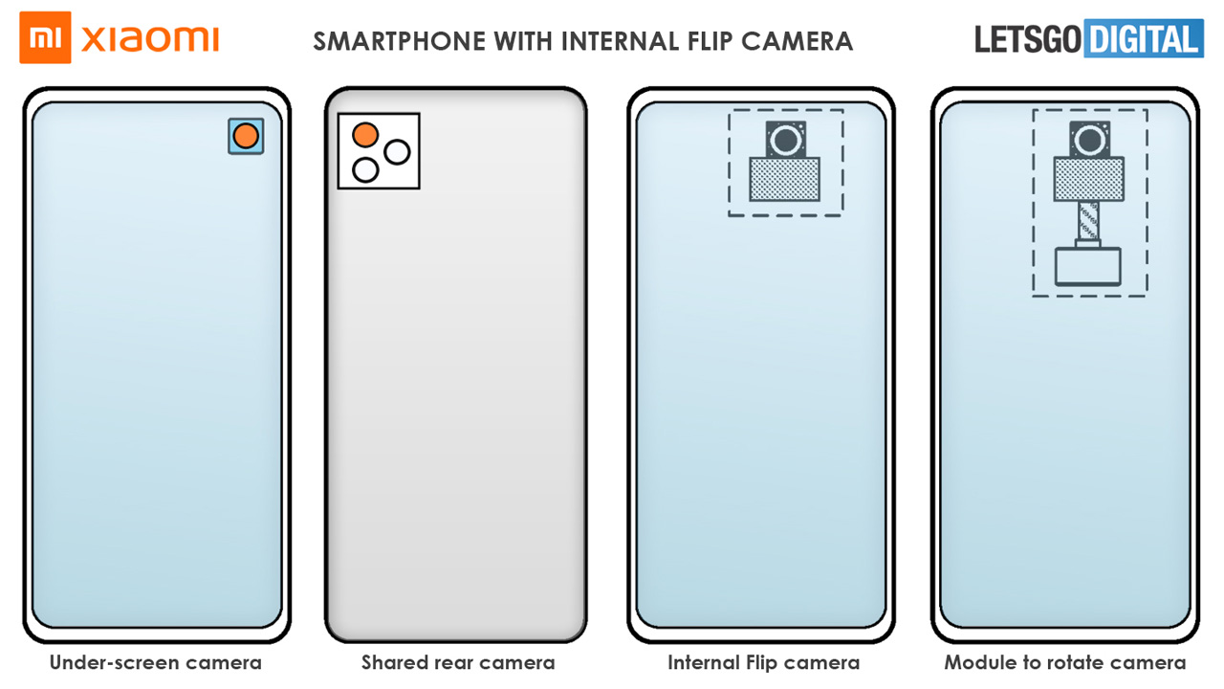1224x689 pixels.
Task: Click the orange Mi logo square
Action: coord(45,37)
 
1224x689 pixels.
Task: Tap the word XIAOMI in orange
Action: coord(150,39)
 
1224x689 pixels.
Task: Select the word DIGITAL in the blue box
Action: coord(1143,39)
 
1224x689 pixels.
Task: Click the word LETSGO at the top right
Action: coord(1028,39)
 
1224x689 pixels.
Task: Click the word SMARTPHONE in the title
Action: coord(400,41)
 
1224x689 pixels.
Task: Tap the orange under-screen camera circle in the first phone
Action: coord(246,136)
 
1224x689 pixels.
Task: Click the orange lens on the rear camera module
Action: coord(365,135)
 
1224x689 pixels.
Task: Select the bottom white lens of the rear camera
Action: coord(365,170)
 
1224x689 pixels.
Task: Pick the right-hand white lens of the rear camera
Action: coord(397,152)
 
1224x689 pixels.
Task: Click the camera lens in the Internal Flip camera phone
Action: coord(786,140)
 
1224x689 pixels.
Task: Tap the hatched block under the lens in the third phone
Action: coord(785,179)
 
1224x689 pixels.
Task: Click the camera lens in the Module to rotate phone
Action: coord(1090,140)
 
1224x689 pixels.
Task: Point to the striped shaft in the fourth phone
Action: coord(1088,220)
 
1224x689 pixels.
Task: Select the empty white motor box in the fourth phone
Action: coord(1088,267)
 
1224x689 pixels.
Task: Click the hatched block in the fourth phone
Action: coord(1089,179)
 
